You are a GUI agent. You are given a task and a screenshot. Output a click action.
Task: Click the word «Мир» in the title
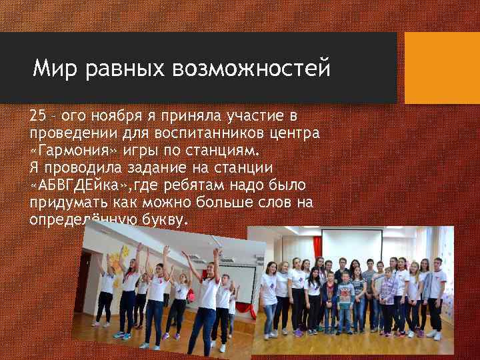click(x=54, y=68)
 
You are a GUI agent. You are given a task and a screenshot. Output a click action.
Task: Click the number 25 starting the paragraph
click(x=37, y=116)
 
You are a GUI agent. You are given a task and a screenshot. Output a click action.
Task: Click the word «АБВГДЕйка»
click(x=73, y=185)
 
